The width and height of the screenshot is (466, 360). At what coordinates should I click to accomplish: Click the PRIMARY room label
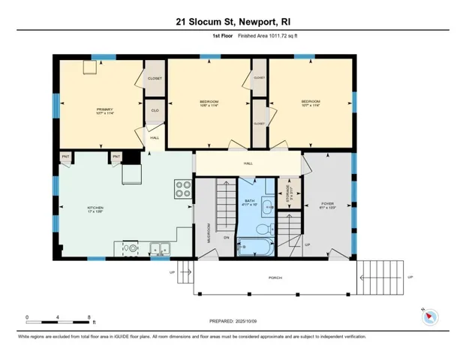pyautogui.click(x=104, y=109)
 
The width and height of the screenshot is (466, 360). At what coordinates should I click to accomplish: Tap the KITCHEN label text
pyautogui.click(x=94, y=207)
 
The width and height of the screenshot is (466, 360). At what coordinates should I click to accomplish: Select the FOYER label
pyautogui.click(x=327, y=203)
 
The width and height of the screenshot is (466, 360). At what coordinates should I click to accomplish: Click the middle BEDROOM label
pyautogui.click(x=209, y=101)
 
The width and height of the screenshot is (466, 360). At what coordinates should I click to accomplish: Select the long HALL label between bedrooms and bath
pyautogui.click(x=248, y=163)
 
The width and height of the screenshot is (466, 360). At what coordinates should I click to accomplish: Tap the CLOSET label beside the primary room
pyautogui.click(x=155, y=77)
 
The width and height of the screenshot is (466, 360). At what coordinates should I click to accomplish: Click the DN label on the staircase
pyautogui.click(x=226, y=237)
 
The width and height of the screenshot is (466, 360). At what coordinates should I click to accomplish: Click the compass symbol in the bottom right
pyautogui.click(x=429, y=316)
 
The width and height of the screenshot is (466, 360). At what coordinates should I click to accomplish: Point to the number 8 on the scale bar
pyautogui.click(x=89, y=317)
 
